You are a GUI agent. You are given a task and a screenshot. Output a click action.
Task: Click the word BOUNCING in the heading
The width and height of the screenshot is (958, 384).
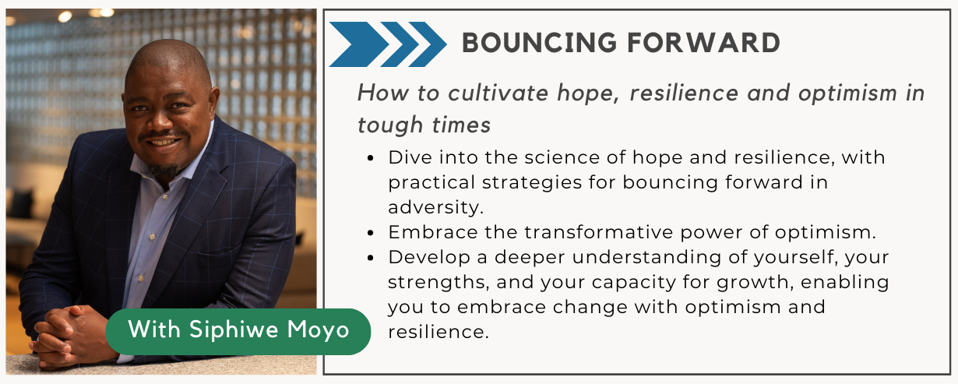539,43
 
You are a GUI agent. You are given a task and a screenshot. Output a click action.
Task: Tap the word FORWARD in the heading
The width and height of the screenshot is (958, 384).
704,43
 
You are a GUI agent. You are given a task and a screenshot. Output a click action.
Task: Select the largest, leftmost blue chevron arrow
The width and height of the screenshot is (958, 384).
358,44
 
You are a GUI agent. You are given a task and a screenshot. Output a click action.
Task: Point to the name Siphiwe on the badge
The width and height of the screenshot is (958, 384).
234,329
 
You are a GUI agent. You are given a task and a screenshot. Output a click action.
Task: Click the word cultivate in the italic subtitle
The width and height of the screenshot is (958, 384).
498,93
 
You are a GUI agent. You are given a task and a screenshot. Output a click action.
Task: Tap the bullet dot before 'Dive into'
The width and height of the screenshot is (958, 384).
371,158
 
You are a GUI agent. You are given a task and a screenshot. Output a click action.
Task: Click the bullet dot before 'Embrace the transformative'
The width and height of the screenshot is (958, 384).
371,233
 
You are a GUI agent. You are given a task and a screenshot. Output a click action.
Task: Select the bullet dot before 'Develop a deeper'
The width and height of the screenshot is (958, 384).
371,258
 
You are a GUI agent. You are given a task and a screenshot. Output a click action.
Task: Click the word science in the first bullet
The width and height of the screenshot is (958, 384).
562,157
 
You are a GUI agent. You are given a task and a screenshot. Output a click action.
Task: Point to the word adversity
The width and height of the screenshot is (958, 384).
436,208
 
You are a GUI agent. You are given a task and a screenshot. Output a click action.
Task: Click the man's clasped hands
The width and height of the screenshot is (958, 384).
71,336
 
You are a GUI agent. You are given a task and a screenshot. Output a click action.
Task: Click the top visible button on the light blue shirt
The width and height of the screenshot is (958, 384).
166,197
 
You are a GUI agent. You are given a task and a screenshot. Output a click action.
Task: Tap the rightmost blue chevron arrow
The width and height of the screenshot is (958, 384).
428,44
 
